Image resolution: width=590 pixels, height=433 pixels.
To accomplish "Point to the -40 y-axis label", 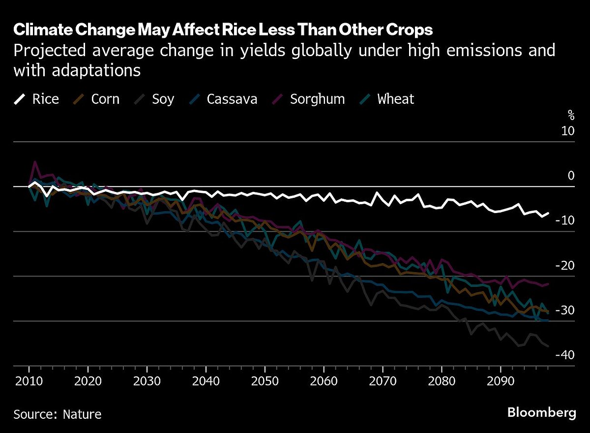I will tap(564, 355).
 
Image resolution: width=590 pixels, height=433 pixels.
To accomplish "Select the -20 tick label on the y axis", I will tap(564, 266).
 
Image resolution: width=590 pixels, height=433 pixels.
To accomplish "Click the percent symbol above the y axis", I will tap(571, 116).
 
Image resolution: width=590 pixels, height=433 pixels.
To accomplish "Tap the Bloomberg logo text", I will tap(541, 412).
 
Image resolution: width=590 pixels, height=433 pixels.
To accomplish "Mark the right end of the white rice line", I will tap(548, 213).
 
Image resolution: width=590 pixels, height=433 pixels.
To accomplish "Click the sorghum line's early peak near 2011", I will tap(34, 162).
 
